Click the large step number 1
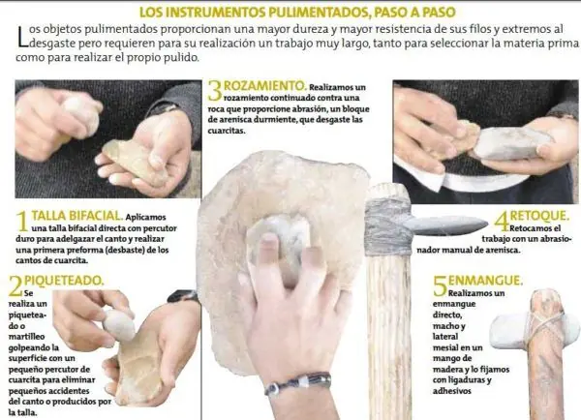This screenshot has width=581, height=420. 22,221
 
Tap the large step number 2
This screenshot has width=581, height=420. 15,285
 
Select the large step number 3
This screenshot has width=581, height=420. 215,91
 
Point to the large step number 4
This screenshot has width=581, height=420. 502,221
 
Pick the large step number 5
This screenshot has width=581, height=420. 441,285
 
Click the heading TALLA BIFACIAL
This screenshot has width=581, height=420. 77,216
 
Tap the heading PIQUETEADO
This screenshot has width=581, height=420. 64,281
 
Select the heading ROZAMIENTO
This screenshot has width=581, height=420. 265,86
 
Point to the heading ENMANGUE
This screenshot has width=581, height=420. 485,281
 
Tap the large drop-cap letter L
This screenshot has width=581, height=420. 22,36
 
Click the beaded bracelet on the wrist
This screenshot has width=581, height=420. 297,383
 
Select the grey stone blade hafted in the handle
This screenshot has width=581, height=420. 444,225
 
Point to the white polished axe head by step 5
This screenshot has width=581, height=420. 534,333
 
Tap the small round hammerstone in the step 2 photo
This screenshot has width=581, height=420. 119,325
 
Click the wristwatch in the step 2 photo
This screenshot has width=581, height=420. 182,296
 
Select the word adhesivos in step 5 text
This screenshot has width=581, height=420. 452,391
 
